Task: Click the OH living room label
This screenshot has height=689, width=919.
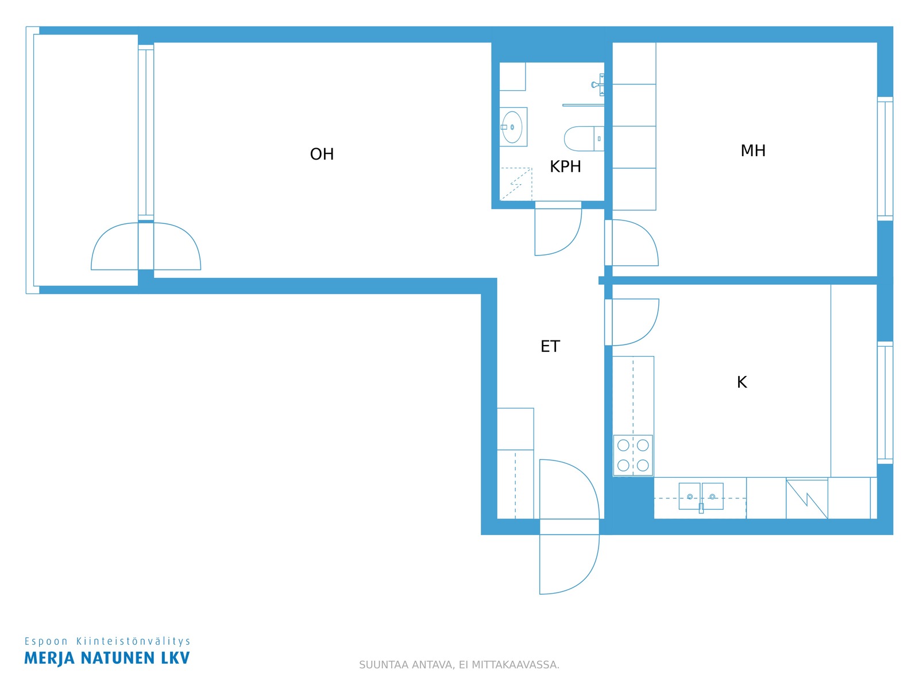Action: coord(322,154)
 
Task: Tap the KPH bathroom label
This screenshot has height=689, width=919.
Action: coord(565,167)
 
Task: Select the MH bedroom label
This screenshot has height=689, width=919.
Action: coord(753,150)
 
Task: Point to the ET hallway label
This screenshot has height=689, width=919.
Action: coord(550,346)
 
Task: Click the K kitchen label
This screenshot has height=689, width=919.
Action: coord(742,382)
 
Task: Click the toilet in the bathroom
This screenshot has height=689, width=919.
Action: coord(584,138)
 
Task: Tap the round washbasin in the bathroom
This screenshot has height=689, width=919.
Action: coord(512,127)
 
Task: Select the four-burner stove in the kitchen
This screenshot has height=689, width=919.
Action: coord(632,455)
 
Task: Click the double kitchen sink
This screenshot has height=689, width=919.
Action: coord(700,496)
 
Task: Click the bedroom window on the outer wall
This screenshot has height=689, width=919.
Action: coord(885,158)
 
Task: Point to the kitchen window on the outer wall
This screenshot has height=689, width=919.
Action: coord(885,402)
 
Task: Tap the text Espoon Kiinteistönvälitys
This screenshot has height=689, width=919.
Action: coord(107,641)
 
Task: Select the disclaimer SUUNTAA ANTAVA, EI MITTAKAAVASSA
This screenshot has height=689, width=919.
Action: coord(459,665)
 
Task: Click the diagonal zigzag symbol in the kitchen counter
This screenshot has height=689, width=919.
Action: coord(806,499)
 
